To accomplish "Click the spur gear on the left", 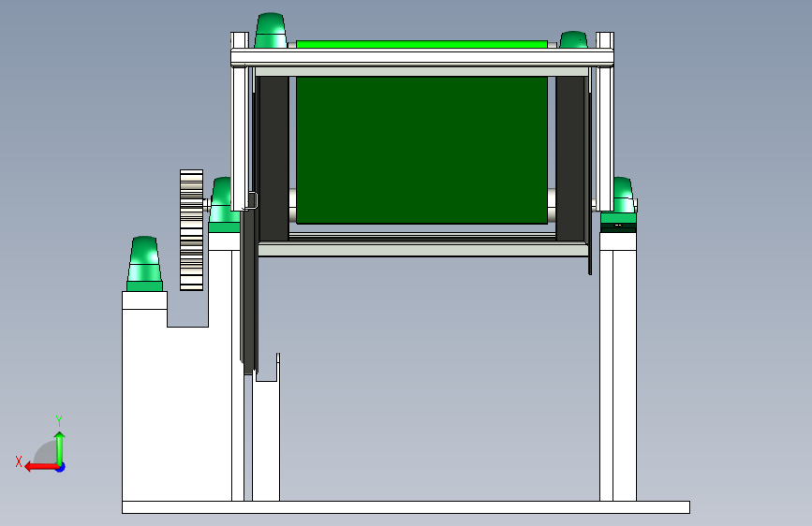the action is (192, 230).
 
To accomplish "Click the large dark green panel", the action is (421, 150).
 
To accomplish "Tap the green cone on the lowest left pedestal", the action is (144, 264).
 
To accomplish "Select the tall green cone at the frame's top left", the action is (271, 31).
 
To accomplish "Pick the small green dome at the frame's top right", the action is (573, 40).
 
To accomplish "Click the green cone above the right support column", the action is (623, 196).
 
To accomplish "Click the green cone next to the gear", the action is (222, 204).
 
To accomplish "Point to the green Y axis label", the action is (59, 420).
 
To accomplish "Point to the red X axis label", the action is (19, 461).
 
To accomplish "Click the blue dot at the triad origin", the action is (61, 467).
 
